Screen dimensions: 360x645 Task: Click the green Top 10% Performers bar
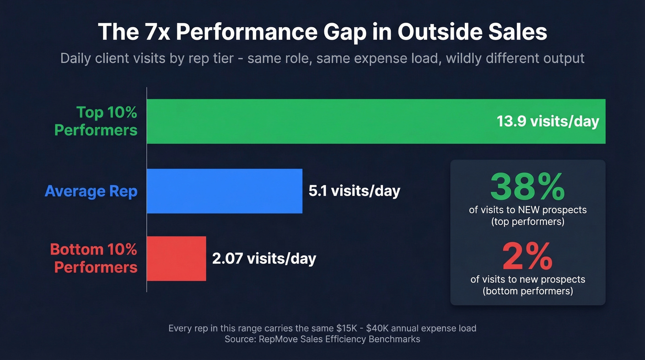coord(322,121)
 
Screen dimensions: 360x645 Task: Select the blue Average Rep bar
coord(224,191)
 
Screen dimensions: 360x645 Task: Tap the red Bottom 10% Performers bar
coord(176,258)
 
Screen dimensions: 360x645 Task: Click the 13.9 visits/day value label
coord(548,121)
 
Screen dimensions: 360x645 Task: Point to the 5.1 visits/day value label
coord(354,191)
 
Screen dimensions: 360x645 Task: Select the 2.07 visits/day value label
coord(264,258)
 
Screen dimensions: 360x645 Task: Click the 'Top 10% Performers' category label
coord(96,121)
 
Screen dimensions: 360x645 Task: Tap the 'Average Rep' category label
coord(91,191)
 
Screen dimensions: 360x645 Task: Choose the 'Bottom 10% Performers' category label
coord(94,258)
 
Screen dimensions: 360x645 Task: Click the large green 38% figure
coord(528,186)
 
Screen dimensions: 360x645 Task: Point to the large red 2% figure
coord(528,257)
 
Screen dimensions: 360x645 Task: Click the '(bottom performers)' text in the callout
coord(528,291)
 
